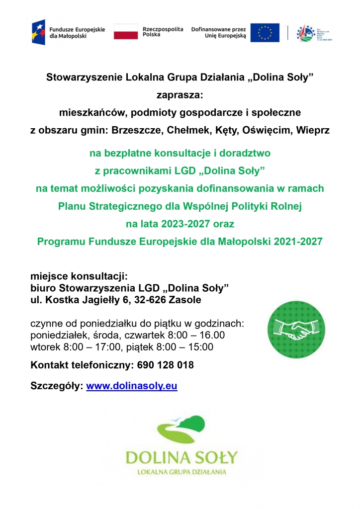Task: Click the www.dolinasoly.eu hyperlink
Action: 132,386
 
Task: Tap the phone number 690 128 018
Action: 164,365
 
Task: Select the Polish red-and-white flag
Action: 125,32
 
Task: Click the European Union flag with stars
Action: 265,33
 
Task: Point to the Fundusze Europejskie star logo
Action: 38,33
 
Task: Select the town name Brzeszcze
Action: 138,130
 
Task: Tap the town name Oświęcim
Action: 267,130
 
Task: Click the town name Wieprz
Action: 312,130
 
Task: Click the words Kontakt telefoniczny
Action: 81,365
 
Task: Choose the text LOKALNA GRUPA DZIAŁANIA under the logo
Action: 181,472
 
